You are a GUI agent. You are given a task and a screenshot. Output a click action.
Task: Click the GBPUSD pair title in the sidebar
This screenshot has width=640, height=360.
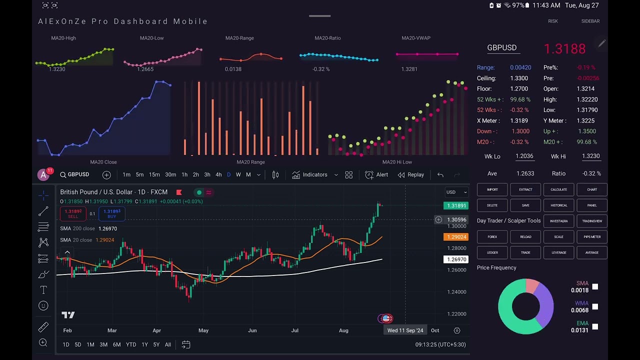(x=501, y=47)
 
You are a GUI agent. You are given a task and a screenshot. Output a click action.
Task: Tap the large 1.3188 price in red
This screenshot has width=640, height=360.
(x=564, y=48)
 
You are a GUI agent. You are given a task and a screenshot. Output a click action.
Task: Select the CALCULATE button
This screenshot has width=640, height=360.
(x=558, y=189)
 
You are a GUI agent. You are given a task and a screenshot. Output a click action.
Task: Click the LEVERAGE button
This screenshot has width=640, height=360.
(x=558, y=252)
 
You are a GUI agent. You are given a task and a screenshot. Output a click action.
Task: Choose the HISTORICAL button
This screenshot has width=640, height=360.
(x=558, y=205)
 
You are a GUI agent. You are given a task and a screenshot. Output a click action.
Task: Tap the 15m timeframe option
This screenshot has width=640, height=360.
(x=154, y=174)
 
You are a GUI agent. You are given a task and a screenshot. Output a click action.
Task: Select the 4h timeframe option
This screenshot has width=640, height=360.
(x=218, y=174)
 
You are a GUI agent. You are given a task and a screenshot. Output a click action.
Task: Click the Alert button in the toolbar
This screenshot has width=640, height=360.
(x=376, y=174)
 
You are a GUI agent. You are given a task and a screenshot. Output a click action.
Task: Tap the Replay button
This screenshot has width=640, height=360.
(x=410, y=174)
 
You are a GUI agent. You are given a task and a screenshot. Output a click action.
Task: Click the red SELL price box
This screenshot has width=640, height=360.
(x=73, y=213)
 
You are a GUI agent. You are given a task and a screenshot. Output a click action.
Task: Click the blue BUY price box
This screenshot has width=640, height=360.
(x=111, y=213)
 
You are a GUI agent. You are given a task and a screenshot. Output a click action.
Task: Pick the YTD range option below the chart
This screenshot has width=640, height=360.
(x=131, y=344)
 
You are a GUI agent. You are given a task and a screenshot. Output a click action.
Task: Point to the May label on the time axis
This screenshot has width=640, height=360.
(x=203, y=330)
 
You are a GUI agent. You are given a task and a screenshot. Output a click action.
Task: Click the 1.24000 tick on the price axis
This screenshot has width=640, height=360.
(x=456, y=292)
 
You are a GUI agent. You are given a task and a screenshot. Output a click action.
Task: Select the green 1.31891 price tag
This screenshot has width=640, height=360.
(x=456, y=205)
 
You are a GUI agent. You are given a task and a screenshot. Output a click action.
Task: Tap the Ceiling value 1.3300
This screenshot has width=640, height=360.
(x=519, y=78)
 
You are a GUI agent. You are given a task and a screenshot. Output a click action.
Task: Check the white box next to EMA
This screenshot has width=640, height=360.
(x=595, y=326)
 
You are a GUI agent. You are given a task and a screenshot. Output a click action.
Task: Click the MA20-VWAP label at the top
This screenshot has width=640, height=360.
(x=415, y=38)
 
